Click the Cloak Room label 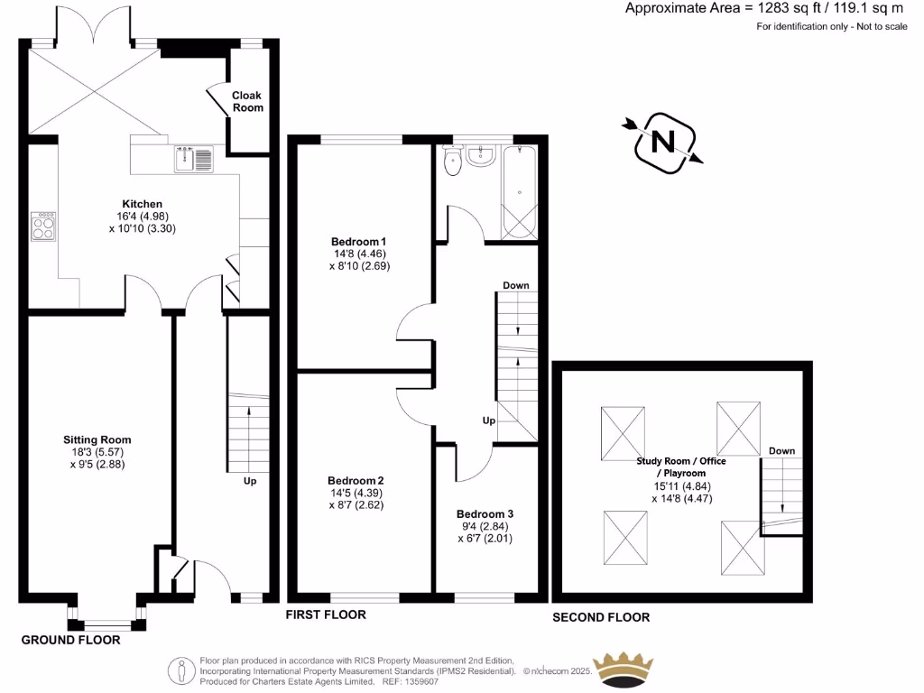(x=247, y=101)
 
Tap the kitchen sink (x=193, y=159)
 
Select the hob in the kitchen (x=43, y=226)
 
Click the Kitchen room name (x=143, y=204)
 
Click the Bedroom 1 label (x=358, y=242)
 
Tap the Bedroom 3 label (x=485, y=513)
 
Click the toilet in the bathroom (x=452, y=161)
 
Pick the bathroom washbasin (x=479, y=156)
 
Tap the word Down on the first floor (x=515, y=285)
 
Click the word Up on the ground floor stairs (x=250, y=481)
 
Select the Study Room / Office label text (x=681, y=461)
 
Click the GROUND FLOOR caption (x=70, y=640)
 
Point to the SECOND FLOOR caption (x=601, y=617)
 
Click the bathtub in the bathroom (x=518, y=192)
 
